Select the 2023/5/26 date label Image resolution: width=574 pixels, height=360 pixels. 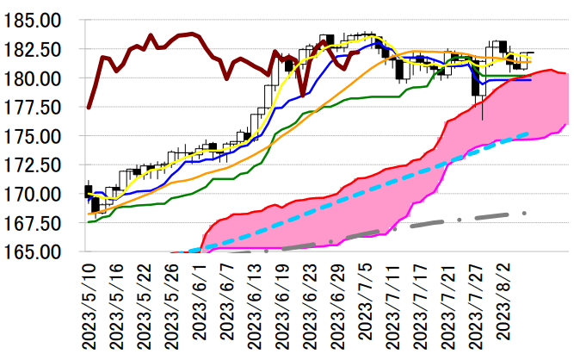172,305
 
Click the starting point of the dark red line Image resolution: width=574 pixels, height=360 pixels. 89,108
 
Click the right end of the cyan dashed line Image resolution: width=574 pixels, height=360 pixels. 528,133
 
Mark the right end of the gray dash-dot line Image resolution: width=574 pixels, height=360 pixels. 525,213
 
